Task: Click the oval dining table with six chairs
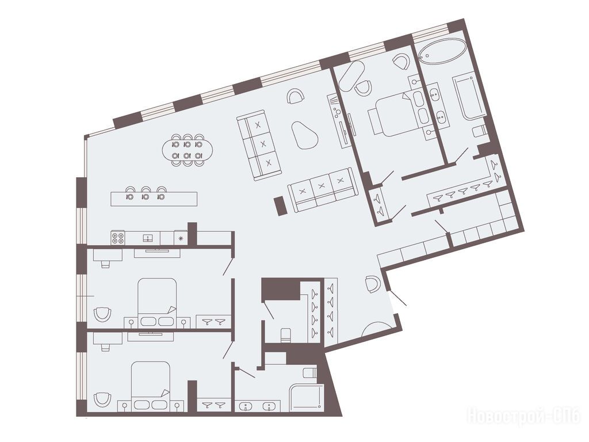(x=188, y=150)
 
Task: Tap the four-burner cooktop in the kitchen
(x=117, y=238)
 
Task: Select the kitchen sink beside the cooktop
(x=148, y=238)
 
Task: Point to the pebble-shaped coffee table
(x=304, y=135)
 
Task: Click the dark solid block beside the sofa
(x=280, y=207)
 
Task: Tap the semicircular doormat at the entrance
(x=377, y=329)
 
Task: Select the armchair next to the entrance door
(x=373, y=284)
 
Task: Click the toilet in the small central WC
(x=286, y=335)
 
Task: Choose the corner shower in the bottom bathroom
(x=306, y=398)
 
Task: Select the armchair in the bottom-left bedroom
(x=102, y=399)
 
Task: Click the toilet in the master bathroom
(x=480, y=131)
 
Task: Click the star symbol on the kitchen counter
(x=181, y=238)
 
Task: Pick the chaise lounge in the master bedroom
(x=352, y=76)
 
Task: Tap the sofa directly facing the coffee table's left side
(x=259, y=145)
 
